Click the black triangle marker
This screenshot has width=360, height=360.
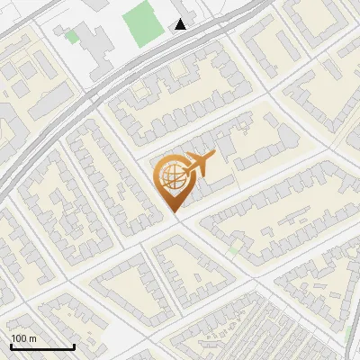tap(182, 25)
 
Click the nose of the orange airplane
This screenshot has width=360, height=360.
tap(214, 156)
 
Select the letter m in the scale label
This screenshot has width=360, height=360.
tap(32, 338)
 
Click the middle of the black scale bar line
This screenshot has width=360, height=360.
tap(42, 346)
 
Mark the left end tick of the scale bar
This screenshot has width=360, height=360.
tap(12, 345)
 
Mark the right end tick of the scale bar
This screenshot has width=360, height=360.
tap(74, 345)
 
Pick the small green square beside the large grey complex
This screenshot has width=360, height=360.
tap(71, 38)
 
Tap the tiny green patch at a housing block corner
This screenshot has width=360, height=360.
tap(234, 247)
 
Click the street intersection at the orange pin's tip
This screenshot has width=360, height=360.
tap(177, 219)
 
